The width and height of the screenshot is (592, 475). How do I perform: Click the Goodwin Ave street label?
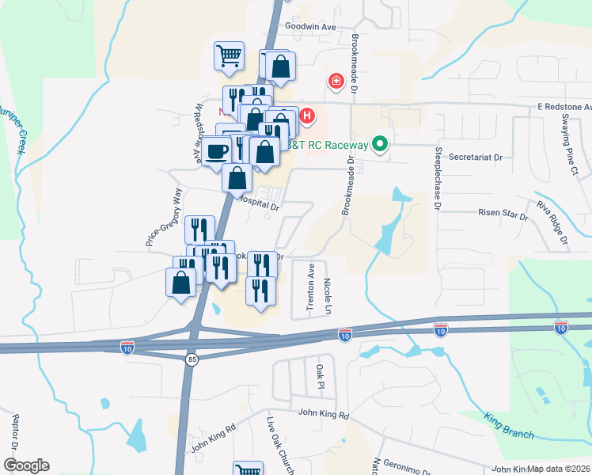[312, 26]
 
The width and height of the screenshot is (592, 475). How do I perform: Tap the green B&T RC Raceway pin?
[380, 144]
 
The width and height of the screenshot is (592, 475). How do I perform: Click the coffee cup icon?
[215, 150]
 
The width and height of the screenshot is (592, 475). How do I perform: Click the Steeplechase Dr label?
[436, 177]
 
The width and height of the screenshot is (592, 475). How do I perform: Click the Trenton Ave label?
[311, 287]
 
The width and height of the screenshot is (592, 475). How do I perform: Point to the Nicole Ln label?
[328, 294]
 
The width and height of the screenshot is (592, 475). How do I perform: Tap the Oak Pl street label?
[321, 377]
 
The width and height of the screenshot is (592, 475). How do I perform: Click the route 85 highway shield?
[192, 359]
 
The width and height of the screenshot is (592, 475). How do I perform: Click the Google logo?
[26, 465]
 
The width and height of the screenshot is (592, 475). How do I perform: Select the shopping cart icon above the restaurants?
[229, 55]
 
